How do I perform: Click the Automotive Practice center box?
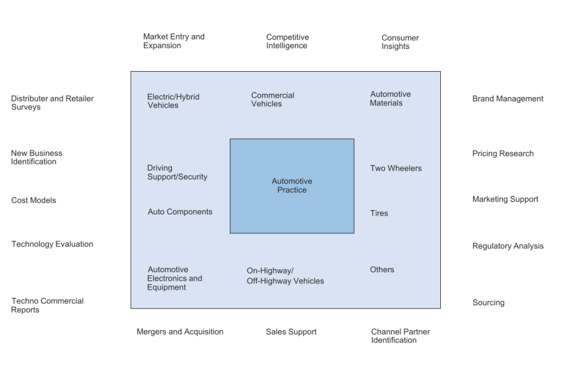coord(292,186)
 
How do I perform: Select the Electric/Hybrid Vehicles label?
coord(173,101)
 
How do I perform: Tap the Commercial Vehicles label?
coord(273,99)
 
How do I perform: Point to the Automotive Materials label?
coord(390,98)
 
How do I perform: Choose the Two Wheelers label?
coord(396,168)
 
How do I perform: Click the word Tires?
coord(379,213)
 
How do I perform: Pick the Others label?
coord(382,270)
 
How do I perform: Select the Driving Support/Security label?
coord(177,172)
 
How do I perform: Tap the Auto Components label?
coord(180,212)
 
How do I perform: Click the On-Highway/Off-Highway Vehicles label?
coord(285,276)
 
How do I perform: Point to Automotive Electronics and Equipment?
coord(175,278)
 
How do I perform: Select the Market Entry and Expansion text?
coord(173,41)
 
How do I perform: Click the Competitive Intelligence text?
coord(287,42)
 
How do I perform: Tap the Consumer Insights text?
coord(400,42)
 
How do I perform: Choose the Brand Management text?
coord(508,99)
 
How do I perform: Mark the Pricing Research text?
coord(503,153)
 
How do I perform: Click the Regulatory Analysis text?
coord(508,246)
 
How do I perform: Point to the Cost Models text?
coord(33,200)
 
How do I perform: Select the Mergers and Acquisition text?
coord(180,332)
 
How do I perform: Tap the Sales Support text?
coord(291,332)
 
